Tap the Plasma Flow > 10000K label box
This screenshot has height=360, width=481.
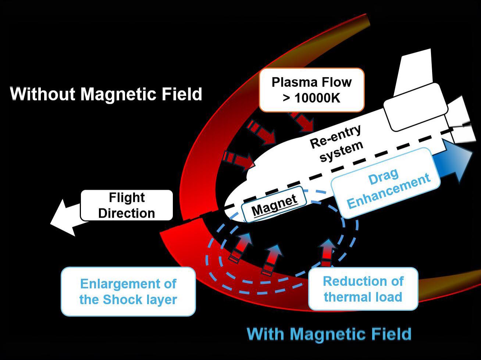pyautogui.click(x=311, y=90)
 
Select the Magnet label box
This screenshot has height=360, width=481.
pyautogui.click(x=274, y=204)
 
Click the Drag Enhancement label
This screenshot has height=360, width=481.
pyautogui.click(x=386, y=183)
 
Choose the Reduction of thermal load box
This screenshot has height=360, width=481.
pyautogui.click(x=363, y=289)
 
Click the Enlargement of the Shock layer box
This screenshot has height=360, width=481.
pyautogui.click(x=128, y=291)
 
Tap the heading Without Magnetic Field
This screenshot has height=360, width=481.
pyautogui.click(x=106, y=94)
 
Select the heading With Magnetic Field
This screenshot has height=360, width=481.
pyautogui.click(x=329, y=334)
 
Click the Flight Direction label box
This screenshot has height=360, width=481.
pyautogui.click(x=127, y=205)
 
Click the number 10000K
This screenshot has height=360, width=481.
pyautogui.click(x=317, y=98)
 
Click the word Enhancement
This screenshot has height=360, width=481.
pyautogui.click(x=389, y=190)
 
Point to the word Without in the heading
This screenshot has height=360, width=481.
pyautogui.click(x=43, y=94)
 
